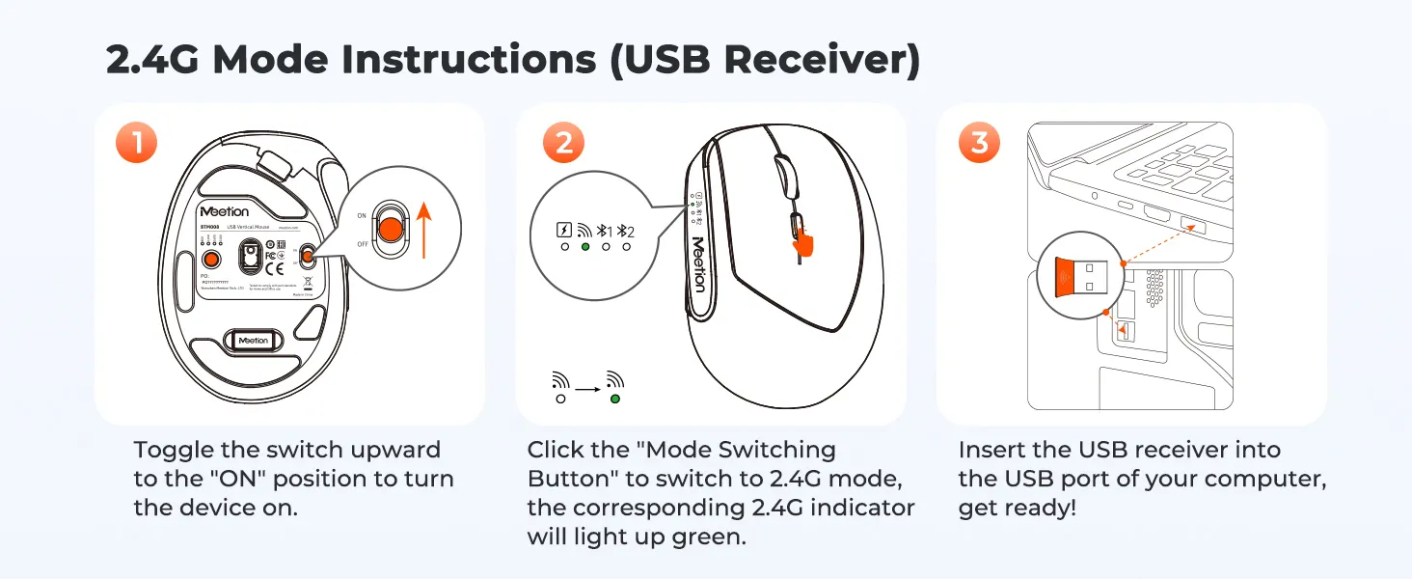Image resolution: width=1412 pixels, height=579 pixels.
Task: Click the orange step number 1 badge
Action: [138, 144]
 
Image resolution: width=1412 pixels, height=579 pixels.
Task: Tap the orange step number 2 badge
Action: [564, 144]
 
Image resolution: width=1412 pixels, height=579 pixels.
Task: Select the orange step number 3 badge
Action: [980, 144]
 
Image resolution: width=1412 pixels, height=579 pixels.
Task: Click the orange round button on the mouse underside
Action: [209, 260]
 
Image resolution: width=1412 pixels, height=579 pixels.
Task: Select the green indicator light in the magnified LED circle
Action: [585, 248]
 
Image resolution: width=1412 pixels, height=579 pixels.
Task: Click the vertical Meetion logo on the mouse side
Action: [697, 262]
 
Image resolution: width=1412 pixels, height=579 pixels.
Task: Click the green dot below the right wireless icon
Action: [615, 398]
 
